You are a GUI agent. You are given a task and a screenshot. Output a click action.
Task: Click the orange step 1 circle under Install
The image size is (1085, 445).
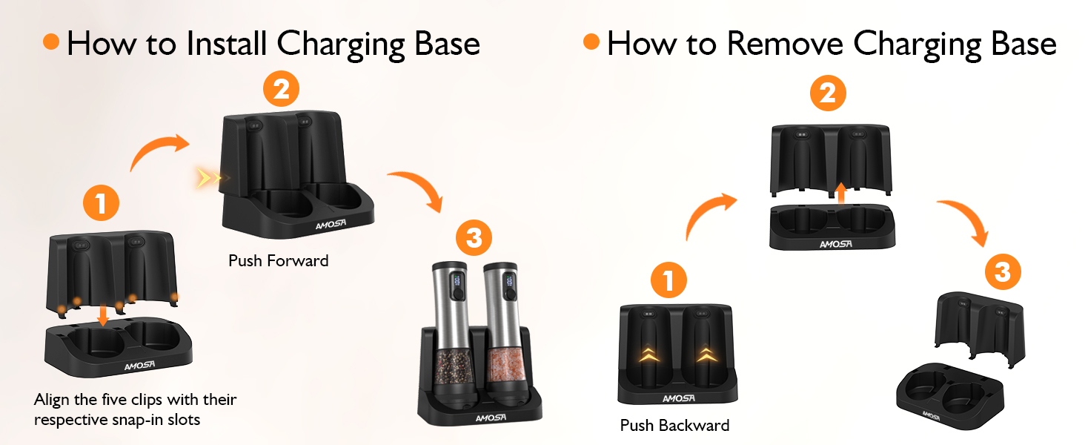(102, 201)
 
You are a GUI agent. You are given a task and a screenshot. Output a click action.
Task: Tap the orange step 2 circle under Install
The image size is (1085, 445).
(281, 90)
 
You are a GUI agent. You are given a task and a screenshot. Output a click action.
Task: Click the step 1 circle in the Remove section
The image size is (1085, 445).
(668, 281)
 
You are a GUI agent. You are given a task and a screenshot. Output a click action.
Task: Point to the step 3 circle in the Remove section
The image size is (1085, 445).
(1002, 272)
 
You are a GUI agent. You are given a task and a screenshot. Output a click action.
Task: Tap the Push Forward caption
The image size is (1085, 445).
(278, 261)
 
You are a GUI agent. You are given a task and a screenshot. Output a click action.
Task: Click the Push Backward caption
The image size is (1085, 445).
(674, 426)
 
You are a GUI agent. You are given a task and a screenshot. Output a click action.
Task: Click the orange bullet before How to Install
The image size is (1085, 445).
(51, 42)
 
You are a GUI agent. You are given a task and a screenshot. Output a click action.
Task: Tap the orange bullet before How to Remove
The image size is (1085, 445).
(591, 42)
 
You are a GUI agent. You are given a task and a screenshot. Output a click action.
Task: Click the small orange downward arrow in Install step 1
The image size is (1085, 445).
(103, 314)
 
